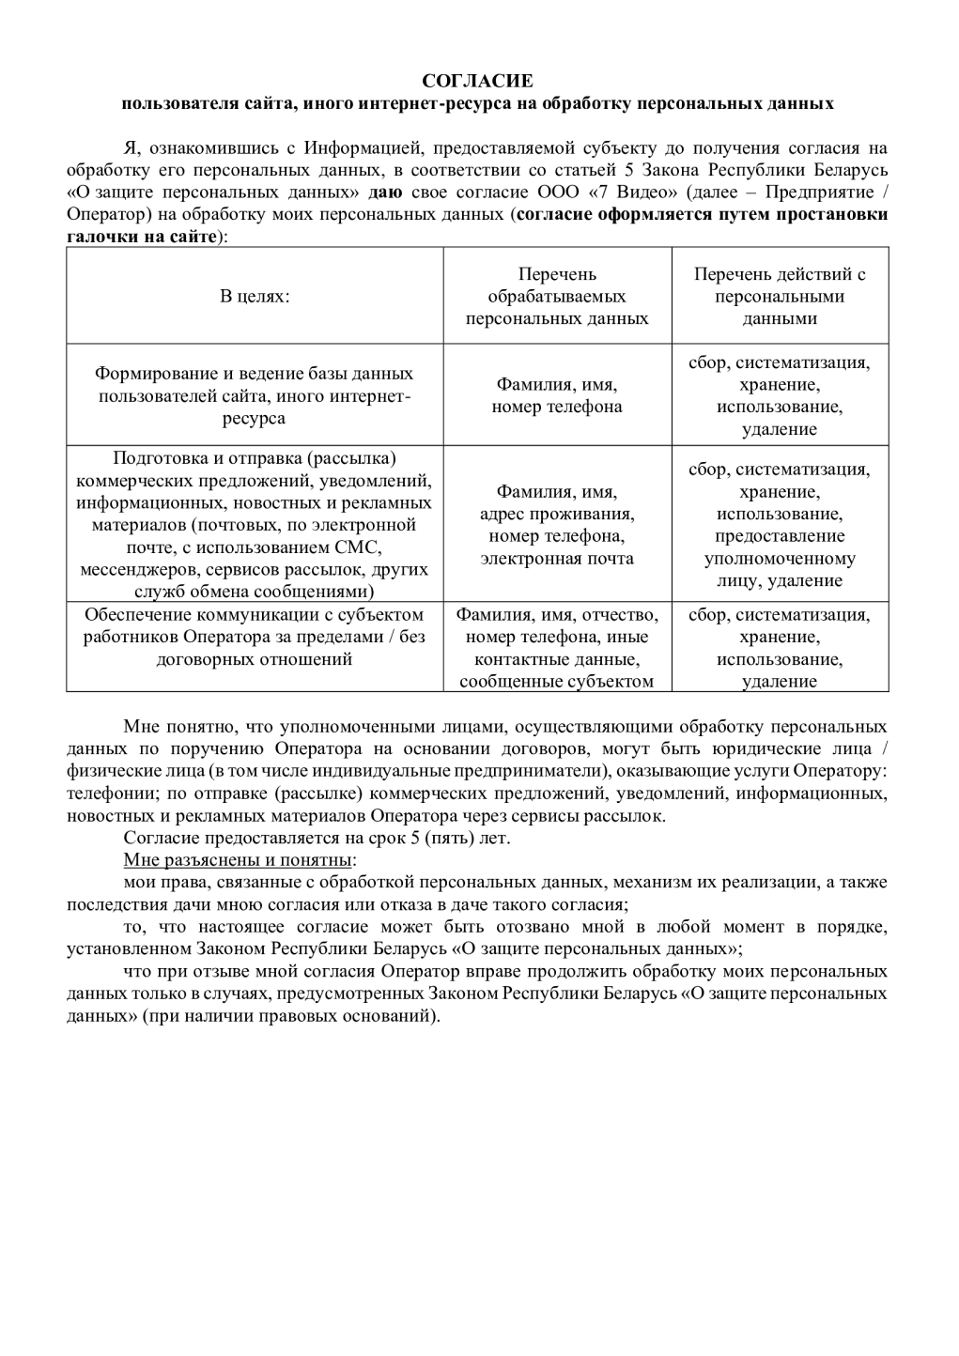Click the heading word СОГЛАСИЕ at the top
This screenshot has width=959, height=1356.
[x=477, y=82]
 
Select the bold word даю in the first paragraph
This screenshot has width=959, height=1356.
[x=385, y=193]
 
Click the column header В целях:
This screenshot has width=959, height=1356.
[x=255, y=296]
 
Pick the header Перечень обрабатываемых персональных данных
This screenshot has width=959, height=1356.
[x=557, y=296]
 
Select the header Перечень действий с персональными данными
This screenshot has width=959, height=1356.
[x=780, y=296]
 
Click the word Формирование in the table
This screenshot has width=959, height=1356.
[x=156, y=374]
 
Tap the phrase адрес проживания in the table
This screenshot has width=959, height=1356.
[x=557, y=514]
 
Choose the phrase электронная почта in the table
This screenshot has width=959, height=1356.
[x=557, y=558]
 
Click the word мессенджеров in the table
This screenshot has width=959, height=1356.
[x=137, y=569]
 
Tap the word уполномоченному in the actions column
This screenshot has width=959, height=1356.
[x=780, y=558]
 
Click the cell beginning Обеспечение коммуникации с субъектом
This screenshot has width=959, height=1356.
[x=255, y=637]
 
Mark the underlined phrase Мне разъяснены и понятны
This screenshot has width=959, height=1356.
[x=239, y=860]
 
